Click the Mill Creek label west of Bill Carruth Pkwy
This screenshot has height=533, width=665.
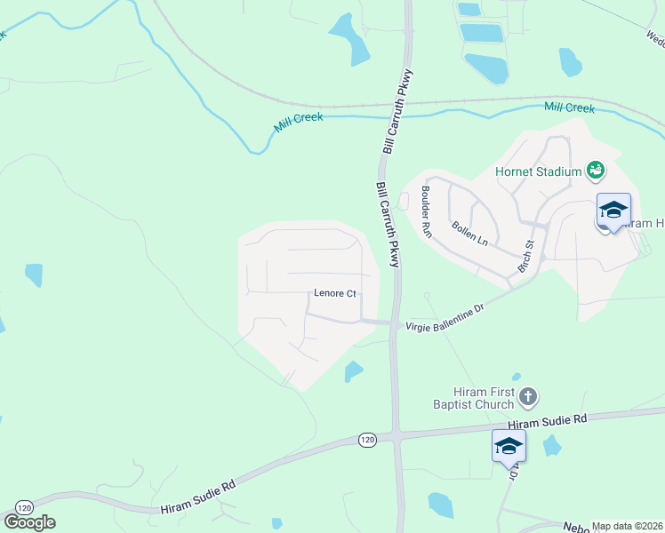tap(298, 121)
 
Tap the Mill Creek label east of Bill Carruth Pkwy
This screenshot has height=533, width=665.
tap(569, 107)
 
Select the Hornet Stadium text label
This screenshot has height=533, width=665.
tap(538, 171)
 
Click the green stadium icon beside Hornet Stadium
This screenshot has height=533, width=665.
tap(595, 170)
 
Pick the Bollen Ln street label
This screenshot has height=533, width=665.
tap(470, 235)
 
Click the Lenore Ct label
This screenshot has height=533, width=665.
tap(335, 294)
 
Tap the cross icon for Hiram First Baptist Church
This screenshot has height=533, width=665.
tap(527, 396)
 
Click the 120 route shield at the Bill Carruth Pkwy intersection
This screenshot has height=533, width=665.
tap(368, 440)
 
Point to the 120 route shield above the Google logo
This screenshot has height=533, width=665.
tap(24, 505)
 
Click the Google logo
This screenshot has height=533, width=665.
tap(29, 522)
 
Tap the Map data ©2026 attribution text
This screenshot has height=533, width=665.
tap(627, 526)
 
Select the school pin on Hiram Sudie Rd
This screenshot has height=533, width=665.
tap(509, 445)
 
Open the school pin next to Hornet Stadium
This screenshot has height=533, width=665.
tap(613, 210)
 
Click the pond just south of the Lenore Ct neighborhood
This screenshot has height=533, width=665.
tap(354, 370)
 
